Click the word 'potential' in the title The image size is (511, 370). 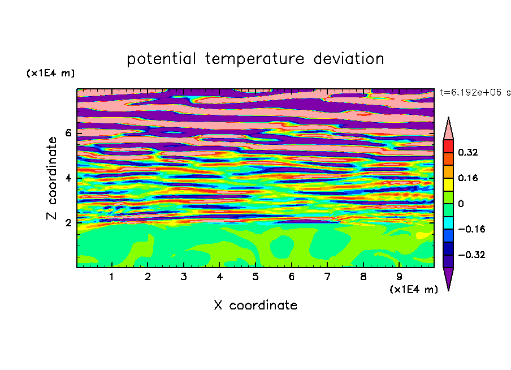click(x=161, y=59)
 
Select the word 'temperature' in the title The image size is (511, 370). click(x=254, y=59)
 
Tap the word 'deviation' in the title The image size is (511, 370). click(x=349, y=59)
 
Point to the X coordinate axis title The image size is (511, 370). click(x=256, y=305)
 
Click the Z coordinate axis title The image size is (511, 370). click(x=51, y=178)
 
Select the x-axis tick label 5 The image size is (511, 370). click(x=255, y=277)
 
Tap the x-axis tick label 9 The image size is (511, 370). click(x=399, y=277)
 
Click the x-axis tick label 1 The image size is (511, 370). click(x=111, y=277)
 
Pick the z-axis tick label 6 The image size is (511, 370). click(x=68, y=133)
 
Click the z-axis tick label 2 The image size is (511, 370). click(x=68, y=223)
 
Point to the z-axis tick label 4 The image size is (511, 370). click(x=68, y=178)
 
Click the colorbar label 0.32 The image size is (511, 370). click(x=468, y=152)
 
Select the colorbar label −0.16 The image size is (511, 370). click(x=471, y=229)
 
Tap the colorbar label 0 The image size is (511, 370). click(x=461, y=204)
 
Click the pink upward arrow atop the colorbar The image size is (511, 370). click(x=448, y=128)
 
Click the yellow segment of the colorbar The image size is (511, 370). click(x=448, y=184)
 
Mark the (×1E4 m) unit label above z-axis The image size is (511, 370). click(x=50, y=73)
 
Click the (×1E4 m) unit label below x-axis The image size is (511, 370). click(x=414, y=290)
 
